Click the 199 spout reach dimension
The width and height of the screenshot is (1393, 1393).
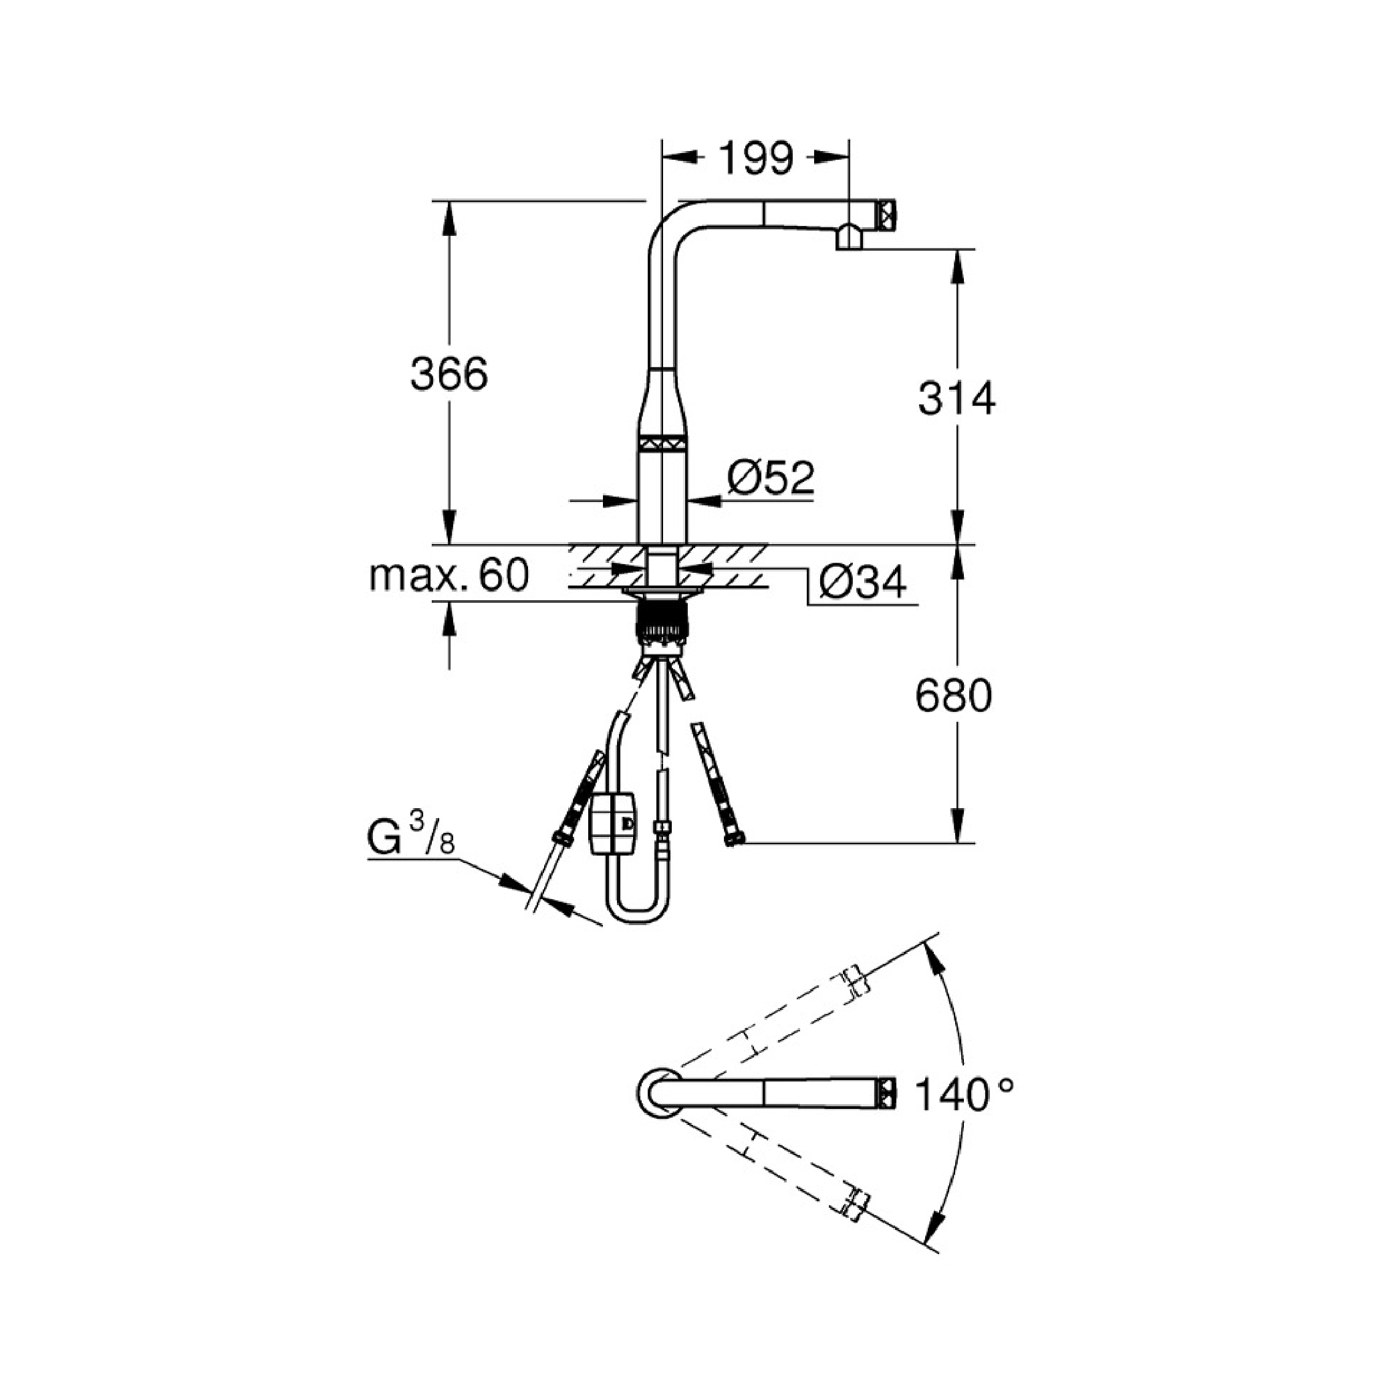(755, 158)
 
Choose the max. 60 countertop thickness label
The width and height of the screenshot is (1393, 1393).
(449, 575)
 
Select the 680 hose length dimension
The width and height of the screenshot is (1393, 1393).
(953, 696)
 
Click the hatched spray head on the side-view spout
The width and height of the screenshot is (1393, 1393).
(886, 214)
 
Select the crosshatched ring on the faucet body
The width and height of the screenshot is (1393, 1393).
(662, 444)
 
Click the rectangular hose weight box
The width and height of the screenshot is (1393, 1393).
(614, 824)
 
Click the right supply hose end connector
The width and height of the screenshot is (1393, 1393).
(734, 838)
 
